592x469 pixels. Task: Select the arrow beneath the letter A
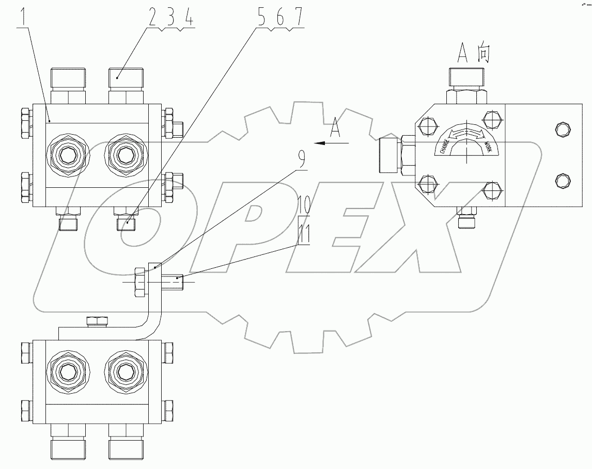[331, 142]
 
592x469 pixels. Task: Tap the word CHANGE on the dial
[444, 147]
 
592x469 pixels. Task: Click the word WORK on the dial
[485, 147]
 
